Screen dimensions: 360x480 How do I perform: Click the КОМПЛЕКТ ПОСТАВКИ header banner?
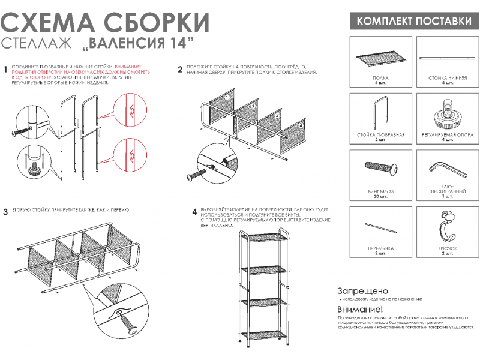(x=414, y=21)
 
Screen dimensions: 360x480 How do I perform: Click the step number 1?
(x=5, y=70)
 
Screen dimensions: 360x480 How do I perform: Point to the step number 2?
(x=180, y=70)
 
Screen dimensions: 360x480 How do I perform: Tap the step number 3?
(x=5, y=212)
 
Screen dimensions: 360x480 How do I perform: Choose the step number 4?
(x=194, y=212)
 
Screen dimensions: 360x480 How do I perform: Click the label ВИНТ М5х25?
(x=380, y=191)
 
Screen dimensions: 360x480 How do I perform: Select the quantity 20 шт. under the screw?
(x=380, y=197)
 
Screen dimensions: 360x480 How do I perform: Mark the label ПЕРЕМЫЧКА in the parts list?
(x=380, y=248)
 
